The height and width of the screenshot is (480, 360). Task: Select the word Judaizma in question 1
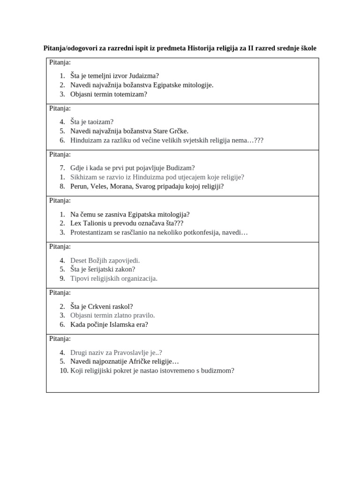143,75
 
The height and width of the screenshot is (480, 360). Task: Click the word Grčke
178,131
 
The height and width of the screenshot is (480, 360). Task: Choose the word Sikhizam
83,177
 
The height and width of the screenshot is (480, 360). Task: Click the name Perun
79,186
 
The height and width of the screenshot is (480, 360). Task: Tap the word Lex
76,223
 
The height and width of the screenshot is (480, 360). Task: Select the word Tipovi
79,278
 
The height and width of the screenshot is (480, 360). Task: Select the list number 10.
64,370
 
